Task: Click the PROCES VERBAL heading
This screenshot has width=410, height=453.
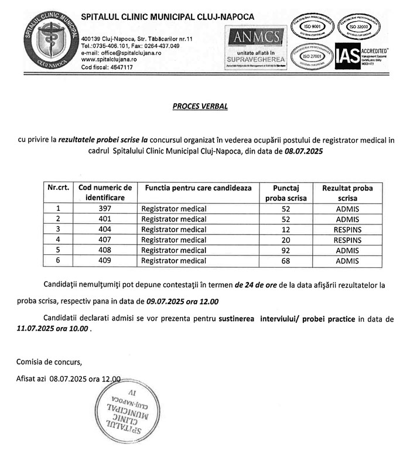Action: pyautogui.click(x=200, y=107)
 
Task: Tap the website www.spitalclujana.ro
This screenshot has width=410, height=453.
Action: pyautogui.click(x=109, y=60)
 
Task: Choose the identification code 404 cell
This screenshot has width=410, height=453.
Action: pyautogui.click(x=106, y=229)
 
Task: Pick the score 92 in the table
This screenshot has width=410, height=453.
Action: pyautogui.click(x=286, y=250)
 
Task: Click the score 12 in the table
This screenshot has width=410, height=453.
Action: pyautogui.click(x=286, y=229)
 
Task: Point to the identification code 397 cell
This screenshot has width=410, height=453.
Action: pyautogui.click(x=106, y=208)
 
